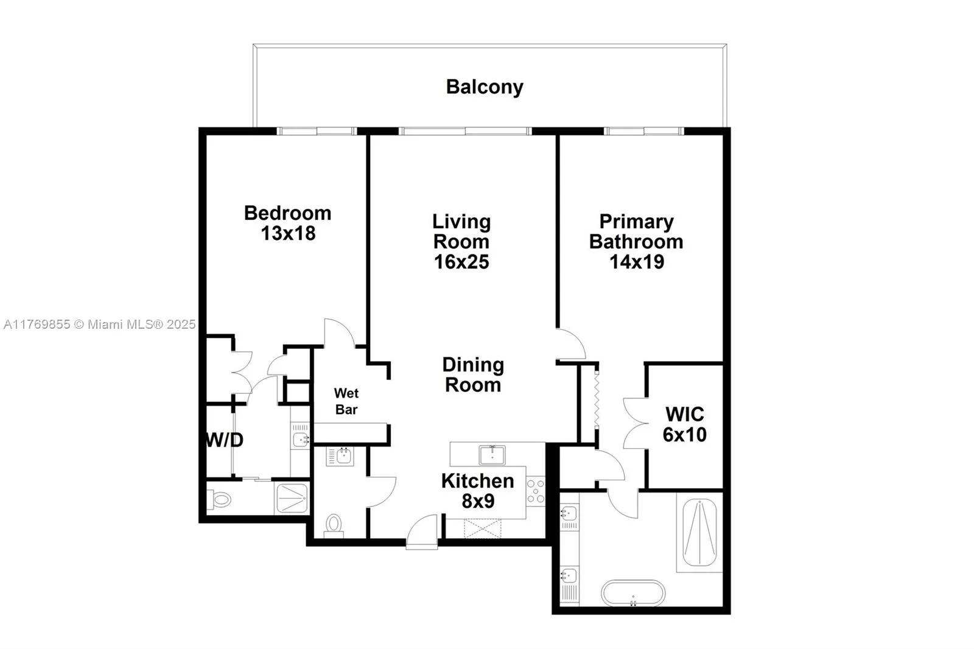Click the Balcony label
(x=485, y=87)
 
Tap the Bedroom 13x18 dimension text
(x=288, y=233)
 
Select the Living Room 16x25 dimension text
(x=461, y=262)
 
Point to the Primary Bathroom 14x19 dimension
(x=637, y=262)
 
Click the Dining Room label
(x=473, y=375)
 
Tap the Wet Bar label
(x=346, y=401)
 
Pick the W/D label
(x=225, y=440)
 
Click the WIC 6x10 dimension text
(x=685, y=435)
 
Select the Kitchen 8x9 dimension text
(x=478, y=501)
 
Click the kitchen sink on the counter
(x=492, y=455)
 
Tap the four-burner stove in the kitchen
(x=536, y=491)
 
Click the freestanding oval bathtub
(x=633, y=593)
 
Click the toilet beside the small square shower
(x=221, y=500)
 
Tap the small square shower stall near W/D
(x=292, y=499)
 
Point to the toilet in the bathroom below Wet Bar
(x=334, y=524)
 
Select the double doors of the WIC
(x=634, y=424)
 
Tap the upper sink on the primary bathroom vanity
(x=569, y=513)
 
